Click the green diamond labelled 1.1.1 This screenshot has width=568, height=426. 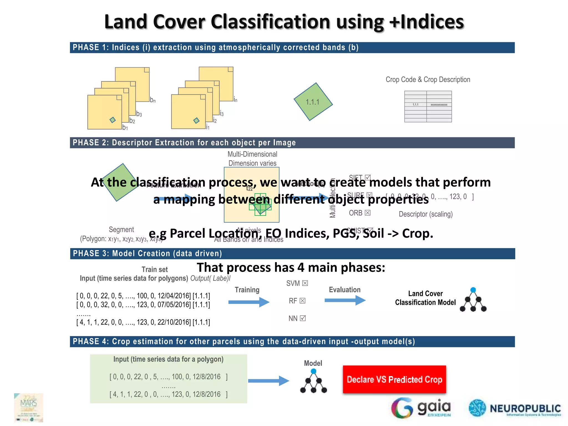(x=313, y=102)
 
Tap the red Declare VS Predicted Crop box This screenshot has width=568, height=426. (x=394, y=379)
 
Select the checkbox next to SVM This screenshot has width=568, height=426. (x=305, y=283)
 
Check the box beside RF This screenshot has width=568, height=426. (x=303, y=301)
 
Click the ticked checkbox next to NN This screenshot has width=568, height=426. (x=303, y=318)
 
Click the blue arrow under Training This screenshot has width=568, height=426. (x=249, y=302)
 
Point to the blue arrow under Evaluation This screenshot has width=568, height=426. (x=345, y=300)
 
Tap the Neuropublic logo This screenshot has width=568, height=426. (x=515, y=408)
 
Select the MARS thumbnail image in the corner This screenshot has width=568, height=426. (x=29, y=407)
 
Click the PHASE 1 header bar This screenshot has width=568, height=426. (x=292, y=48)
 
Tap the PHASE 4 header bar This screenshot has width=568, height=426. (x=292, y=341)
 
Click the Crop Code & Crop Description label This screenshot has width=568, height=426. (x=428, y=80)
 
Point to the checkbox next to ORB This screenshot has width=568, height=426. (x=368, y=213)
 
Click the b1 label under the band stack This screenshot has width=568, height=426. (x=125, y=128)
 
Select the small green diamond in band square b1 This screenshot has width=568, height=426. (x=113, y=120)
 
